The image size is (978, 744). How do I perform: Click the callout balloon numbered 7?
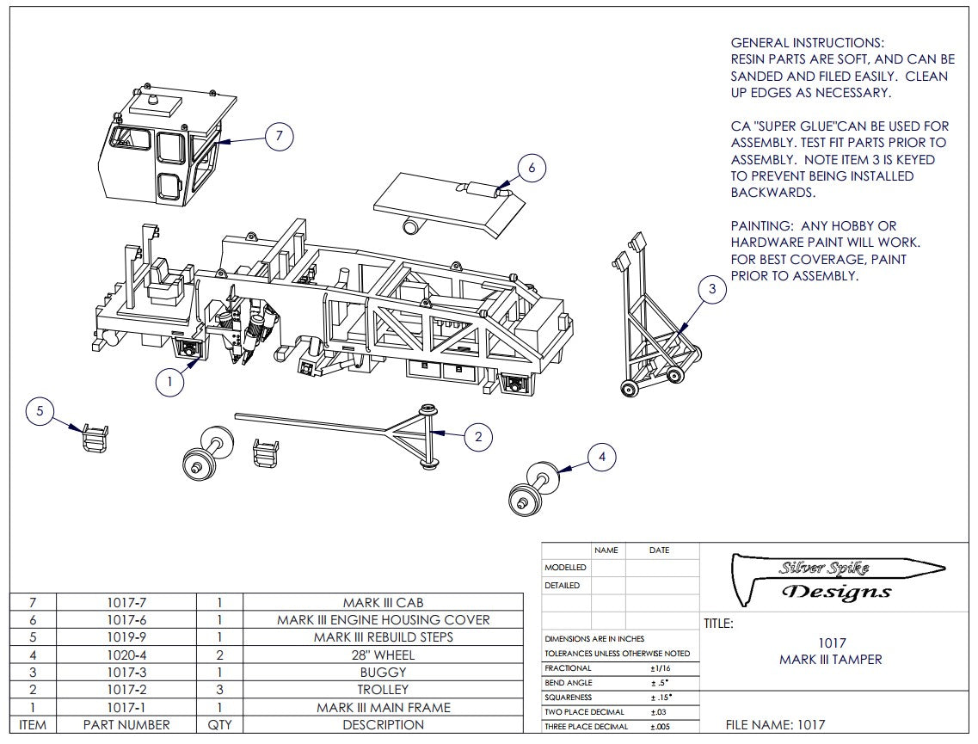point(280,136)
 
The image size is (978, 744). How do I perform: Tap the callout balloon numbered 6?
point(532,168)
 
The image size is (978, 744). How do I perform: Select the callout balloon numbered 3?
point(712,290)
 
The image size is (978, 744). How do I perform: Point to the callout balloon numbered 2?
point(478,436)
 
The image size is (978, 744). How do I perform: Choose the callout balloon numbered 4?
point(602,457)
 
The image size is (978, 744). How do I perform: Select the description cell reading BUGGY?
point(383,673)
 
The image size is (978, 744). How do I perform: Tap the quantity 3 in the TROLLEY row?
point(219,690)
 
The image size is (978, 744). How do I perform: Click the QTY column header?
point(219,725)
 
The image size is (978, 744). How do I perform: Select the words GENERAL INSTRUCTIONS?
point(807,43)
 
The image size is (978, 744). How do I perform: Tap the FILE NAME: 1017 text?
point(775,725)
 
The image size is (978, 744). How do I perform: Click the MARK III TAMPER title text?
point(830,660)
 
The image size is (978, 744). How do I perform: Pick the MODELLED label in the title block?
point(565,568)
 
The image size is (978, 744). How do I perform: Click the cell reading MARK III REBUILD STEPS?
point(383,637)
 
